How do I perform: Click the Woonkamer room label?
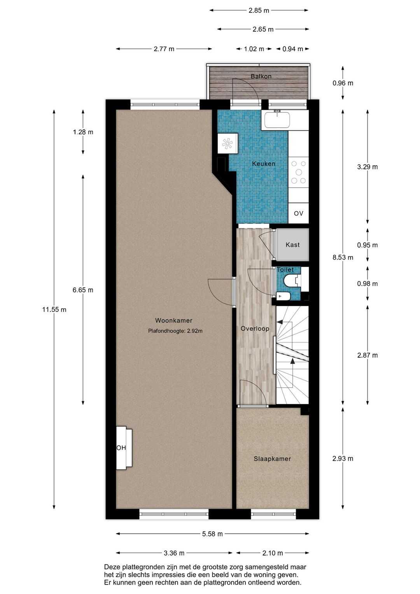[x=173, y=320]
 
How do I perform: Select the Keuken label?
[x=264, y=163]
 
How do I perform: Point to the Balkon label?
[x=261, y=76]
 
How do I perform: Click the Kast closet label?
[x=292, y=245]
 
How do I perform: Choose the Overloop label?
[x=255, y=329]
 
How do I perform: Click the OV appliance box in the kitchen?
[x=299, y=213]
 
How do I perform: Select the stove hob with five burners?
[x=299, y=172]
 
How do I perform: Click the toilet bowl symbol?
[x=290, y=281]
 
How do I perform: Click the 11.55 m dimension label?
[x=54, y=309]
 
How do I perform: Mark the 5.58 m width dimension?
[x=212, y=534]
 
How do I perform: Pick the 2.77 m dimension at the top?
[x=164, y=49]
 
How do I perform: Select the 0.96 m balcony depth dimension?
[x=343, y=83]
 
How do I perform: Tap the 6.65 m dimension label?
[x=83, y=290]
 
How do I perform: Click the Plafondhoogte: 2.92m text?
[x=175, y=331]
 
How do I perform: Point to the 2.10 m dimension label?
[x=273, y=553]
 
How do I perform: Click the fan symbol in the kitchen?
[x=227, y=144]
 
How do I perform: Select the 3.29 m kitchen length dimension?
[x=367, y=167]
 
